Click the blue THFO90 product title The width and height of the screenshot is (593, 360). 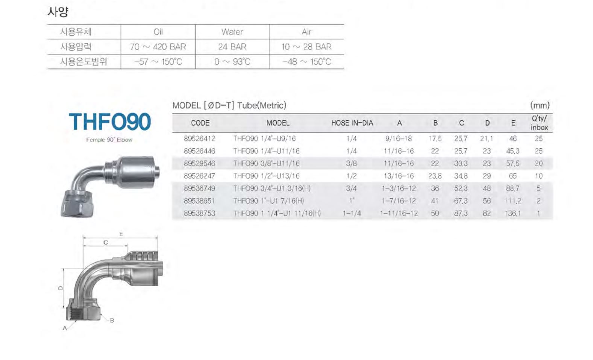(x=109, y=122)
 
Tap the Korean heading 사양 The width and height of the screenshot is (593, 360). (x=58, y=12)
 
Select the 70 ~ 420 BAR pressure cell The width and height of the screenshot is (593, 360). (x=158, y=47)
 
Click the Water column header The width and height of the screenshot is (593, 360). (x=232, y=32)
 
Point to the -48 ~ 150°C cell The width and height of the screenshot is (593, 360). (x=306, y=62)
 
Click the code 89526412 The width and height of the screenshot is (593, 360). (x=200, y=138)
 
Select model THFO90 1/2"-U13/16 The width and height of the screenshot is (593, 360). (x=266, y=176)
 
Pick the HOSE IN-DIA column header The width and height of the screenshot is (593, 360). (x=352, y=123)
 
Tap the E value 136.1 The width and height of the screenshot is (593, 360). (x=513, y=213)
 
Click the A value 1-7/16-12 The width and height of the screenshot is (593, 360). (x=399, y=201)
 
